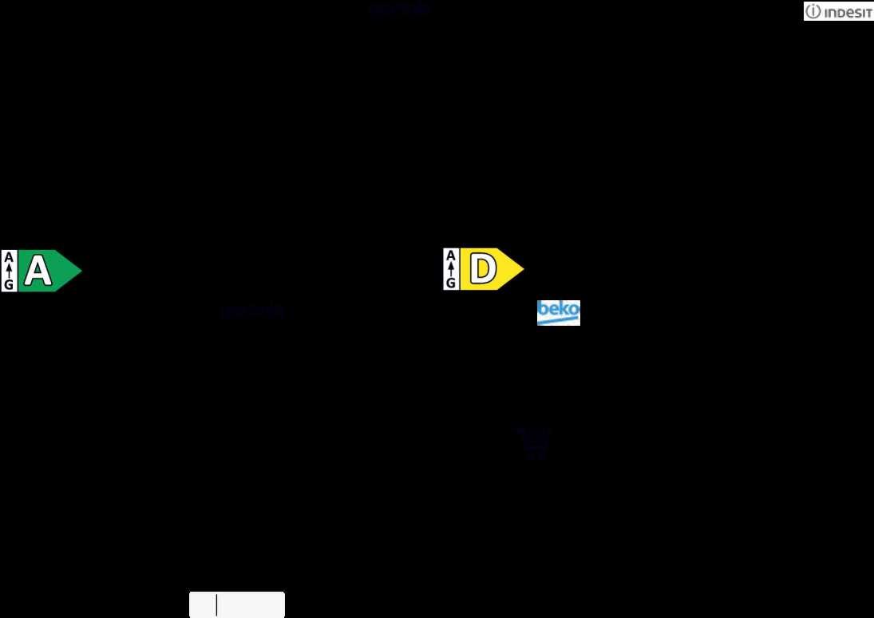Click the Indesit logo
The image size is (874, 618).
pos(838,11)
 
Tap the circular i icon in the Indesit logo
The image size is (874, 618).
pos(813,12)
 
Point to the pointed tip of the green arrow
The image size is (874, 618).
pos(81,271)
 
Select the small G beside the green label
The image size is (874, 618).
pos(9,284)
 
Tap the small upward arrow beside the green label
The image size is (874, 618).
pos(9,271)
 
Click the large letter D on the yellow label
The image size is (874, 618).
pos(482,269)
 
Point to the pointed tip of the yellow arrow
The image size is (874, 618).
pos(523,269)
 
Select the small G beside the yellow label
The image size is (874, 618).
pos(451,282)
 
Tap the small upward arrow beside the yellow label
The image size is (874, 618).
pos(451,269)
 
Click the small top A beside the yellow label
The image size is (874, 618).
pos(451,256)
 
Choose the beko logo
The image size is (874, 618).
pos(558,313)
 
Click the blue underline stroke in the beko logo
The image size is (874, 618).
pos(558,321)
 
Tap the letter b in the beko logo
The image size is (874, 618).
pos(543,309)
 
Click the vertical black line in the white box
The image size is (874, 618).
pos(216,605)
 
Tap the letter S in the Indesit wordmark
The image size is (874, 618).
pos(854,13)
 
